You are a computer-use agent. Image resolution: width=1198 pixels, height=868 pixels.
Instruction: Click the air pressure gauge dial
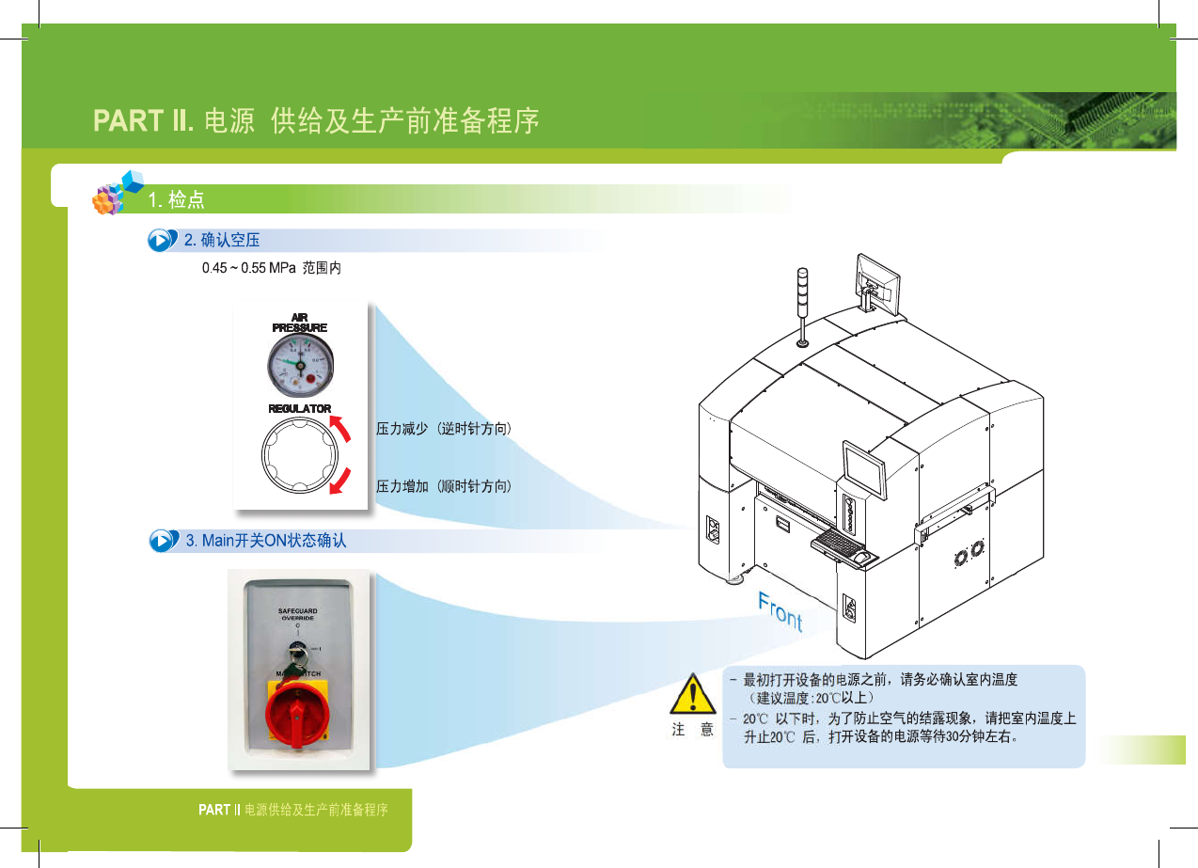point(300,365)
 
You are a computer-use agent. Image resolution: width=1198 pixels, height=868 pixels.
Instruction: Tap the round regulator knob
point(299,456)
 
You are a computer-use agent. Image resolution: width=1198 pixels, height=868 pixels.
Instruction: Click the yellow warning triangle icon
point(693,697)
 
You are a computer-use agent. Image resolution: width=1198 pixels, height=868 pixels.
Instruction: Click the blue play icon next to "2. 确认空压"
point(163,241)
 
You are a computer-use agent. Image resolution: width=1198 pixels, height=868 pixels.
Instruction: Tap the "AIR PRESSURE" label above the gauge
point(300,323)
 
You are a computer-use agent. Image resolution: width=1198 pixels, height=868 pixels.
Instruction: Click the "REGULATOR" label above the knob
point(300,409)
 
